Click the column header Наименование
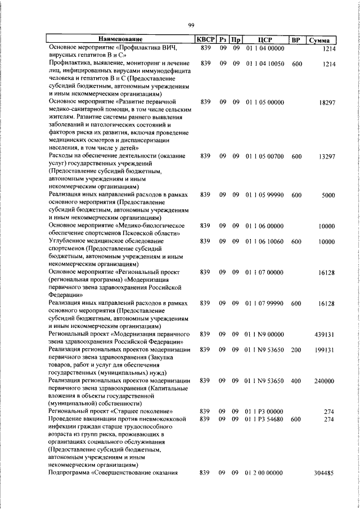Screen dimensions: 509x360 coord(120,40)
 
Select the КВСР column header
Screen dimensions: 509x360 coord(205,40)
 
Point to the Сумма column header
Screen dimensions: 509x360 coord(323,40)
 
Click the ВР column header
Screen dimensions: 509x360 coord(296,40)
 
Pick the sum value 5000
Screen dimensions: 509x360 coord(328,195)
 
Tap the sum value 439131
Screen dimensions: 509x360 coord(325,335)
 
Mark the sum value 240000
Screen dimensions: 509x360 coord(325,381)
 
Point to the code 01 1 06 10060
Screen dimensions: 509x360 coord(264,241)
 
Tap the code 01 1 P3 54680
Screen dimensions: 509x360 coord(264,419)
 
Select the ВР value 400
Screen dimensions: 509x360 coord(296,381)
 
